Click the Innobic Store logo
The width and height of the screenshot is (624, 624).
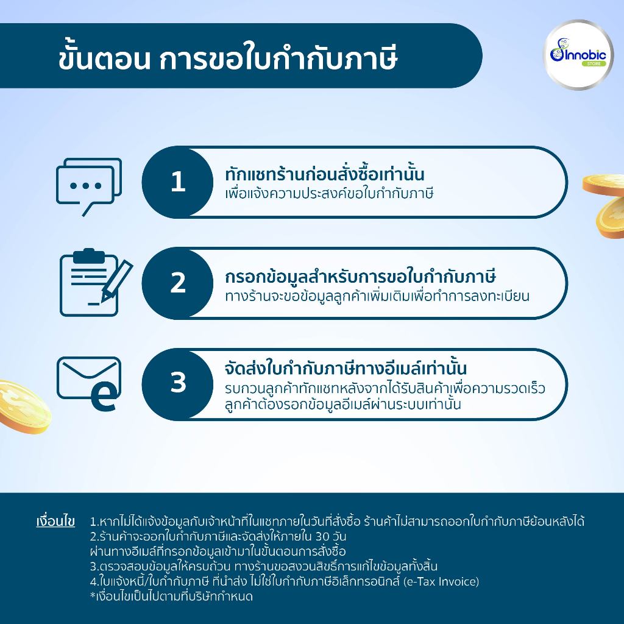578,55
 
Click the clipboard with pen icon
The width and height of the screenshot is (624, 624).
95,282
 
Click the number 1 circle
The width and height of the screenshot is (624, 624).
178,182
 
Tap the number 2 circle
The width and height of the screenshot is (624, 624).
178,283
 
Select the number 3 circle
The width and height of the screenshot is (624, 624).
178,383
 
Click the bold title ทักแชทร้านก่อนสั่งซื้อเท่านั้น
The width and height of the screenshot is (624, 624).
324,175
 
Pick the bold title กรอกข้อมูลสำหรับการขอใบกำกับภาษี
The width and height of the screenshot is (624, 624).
360,276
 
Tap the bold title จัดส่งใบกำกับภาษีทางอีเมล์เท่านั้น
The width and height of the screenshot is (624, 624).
346,369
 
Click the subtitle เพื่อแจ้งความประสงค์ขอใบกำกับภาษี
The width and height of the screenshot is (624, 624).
328,194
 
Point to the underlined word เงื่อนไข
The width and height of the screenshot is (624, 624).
55,522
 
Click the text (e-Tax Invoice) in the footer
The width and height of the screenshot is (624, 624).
441,581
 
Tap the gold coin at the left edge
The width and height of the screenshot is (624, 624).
18,405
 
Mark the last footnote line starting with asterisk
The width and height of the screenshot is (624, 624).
171,596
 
